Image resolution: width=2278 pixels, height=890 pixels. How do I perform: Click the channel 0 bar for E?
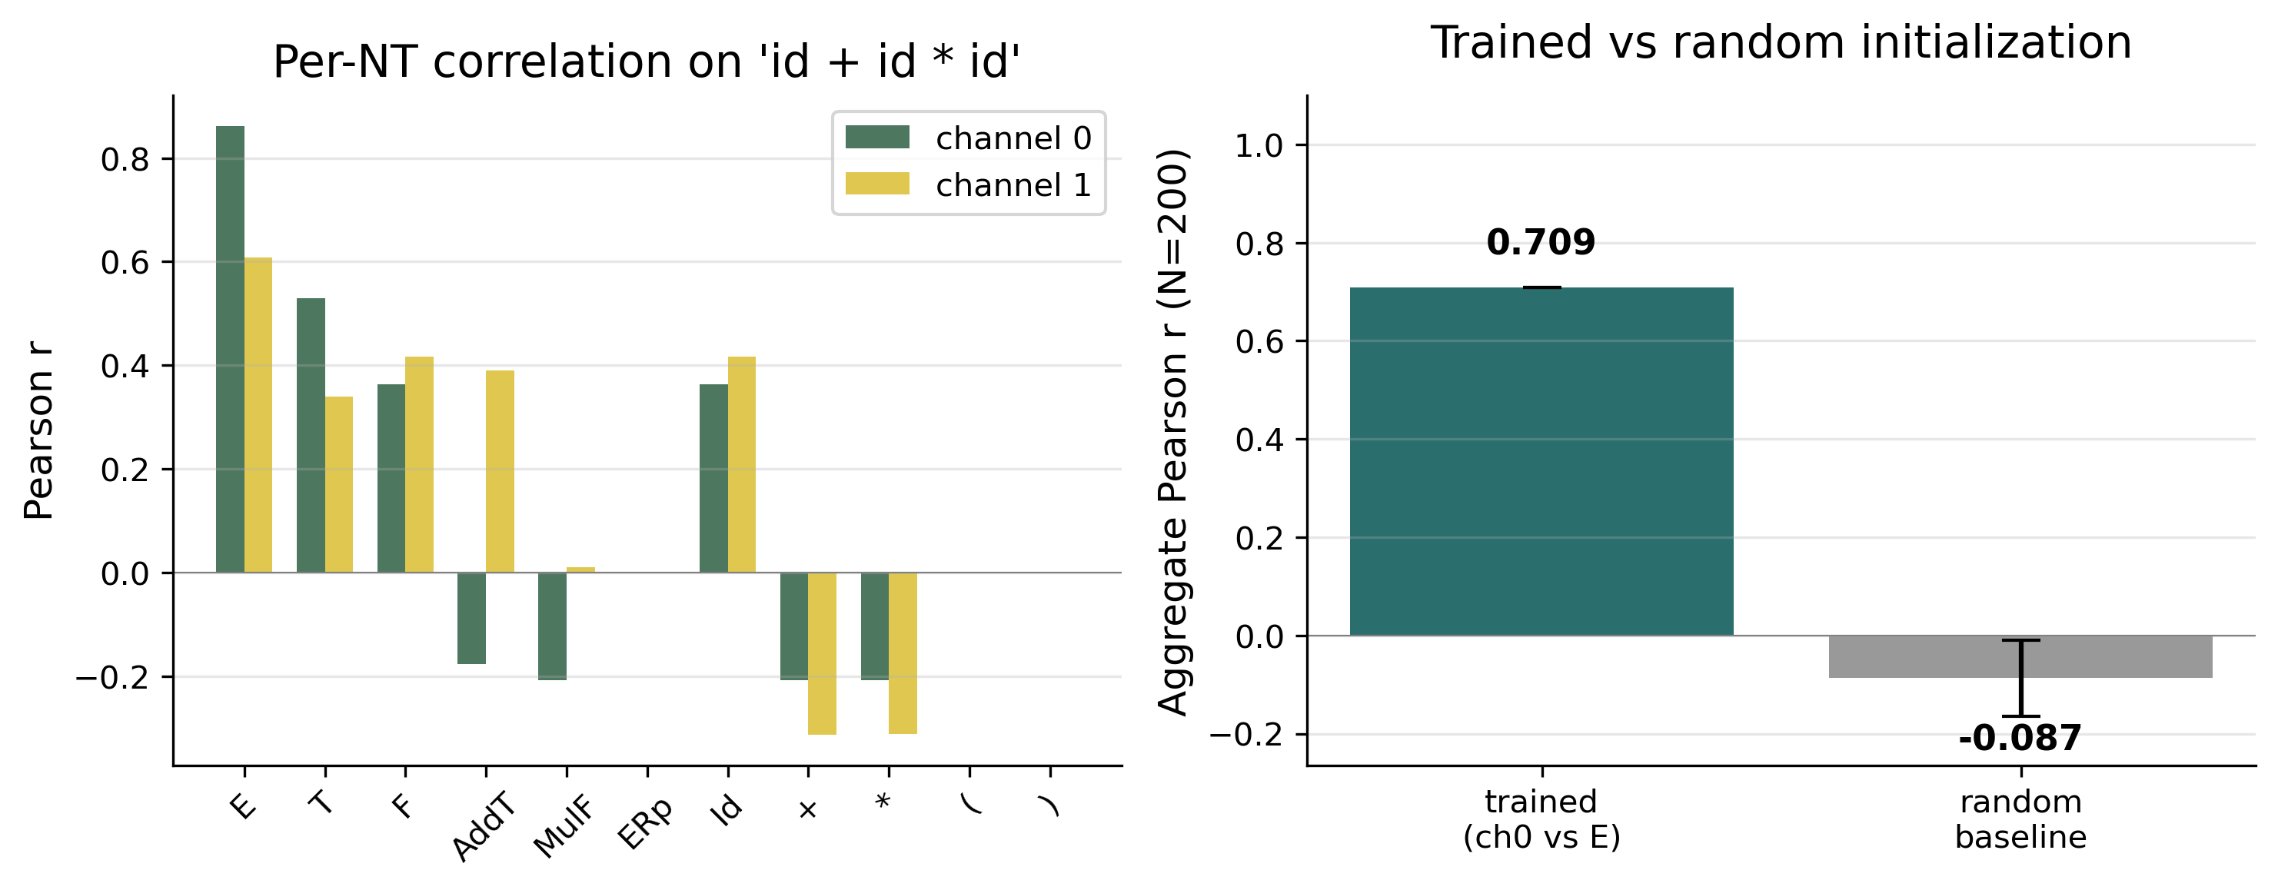230,349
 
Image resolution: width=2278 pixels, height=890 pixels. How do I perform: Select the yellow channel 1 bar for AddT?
500,471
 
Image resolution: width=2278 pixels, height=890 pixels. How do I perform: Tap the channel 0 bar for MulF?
552,626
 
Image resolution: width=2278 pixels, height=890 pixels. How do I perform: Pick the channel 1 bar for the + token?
822,653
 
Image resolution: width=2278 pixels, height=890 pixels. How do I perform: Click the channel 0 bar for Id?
713,478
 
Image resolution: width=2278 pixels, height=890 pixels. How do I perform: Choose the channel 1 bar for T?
339,484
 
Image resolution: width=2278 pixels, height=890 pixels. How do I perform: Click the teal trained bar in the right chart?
1541,461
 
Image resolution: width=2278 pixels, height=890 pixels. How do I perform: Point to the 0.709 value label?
1541,242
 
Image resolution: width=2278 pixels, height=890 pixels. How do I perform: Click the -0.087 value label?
2020,739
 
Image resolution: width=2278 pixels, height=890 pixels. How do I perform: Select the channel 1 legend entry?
969,184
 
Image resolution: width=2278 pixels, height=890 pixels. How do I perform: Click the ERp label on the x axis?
643,825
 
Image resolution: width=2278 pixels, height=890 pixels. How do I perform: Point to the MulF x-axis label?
564,827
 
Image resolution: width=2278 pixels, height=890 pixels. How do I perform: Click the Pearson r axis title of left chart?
39,430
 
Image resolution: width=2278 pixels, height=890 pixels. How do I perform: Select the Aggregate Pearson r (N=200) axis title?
1173,432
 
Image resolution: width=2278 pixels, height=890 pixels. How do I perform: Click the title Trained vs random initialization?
1780,42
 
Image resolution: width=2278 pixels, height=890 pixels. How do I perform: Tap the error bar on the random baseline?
2020,678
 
